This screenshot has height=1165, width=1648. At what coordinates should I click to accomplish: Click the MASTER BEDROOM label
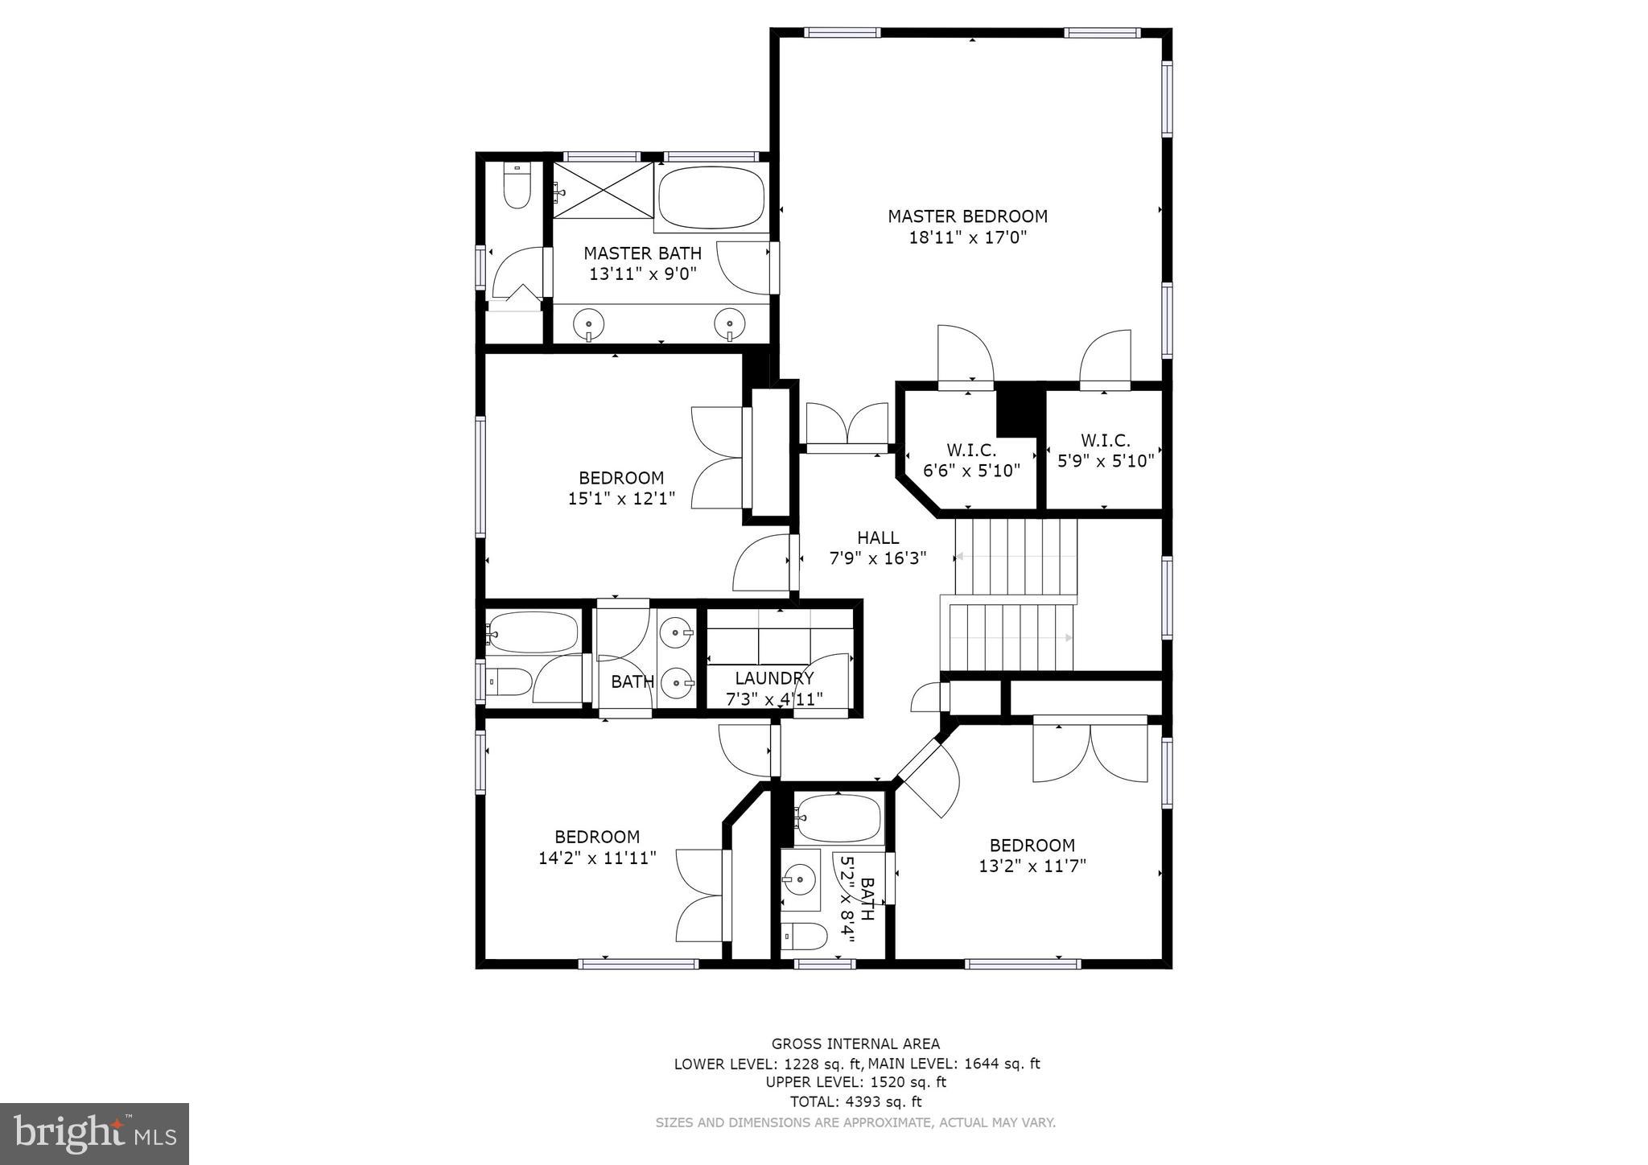pyautogui.click(x=967, y=216)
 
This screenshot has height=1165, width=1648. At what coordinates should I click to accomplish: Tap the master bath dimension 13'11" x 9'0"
pyautogui.click(x=642, y=274)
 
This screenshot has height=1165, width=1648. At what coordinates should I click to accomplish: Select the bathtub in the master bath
pyautogui.click(x=711, y=198)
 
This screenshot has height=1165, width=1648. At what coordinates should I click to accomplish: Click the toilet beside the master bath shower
pyautogui.click(x=516, y=187)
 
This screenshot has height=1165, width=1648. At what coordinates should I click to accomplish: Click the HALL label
pyautogui.click(x=877, y=537)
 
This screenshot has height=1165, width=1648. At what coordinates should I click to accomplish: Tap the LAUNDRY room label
pyautogui.click(x=774, y=678)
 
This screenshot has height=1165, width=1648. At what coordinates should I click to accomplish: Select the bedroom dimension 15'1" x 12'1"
pyautogui.click(x=621, y=499)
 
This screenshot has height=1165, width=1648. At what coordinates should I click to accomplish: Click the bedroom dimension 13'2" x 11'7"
pyautogui.click(x=1032, y=867)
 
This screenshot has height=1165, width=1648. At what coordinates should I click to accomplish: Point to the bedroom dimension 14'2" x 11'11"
pyautogui.click(x=597, y=858)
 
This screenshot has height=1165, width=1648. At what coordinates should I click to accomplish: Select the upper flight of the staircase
pyautogui.click(x=1016, y=555)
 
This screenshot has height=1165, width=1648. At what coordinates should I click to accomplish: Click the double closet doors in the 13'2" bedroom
pyautogui.click(x=1090, y=753)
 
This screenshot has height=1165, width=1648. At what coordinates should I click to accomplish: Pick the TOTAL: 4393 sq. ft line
pyautogui.click(x=855, y=1101)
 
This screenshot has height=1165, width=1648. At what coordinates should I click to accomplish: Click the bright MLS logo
pyautogui.click(x=94, y=1134)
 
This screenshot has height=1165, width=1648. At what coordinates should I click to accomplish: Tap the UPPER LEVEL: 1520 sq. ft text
pyautogui.click(x=855, y=1082)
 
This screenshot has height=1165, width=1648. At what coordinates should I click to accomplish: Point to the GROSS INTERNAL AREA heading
pyautogui.click(x=855, y=1044)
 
